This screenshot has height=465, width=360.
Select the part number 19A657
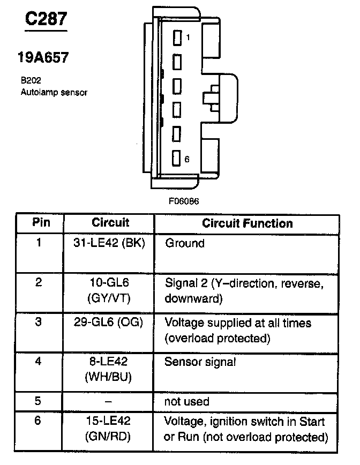[x=43, y=57]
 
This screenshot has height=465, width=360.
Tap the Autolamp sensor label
[x=54, y=92]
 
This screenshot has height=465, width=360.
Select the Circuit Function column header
[x=247, y=223]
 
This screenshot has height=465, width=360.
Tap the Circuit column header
[x=110, y=222]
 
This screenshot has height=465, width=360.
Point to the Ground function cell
[x=185, y=243]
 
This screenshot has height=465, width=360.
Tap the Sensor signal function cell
[x=200, y=362]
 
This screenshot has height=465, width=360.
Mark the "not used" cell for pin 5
[x=186, y=401]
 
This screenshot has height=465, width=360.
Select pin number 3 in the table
[x=38, y=322]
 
